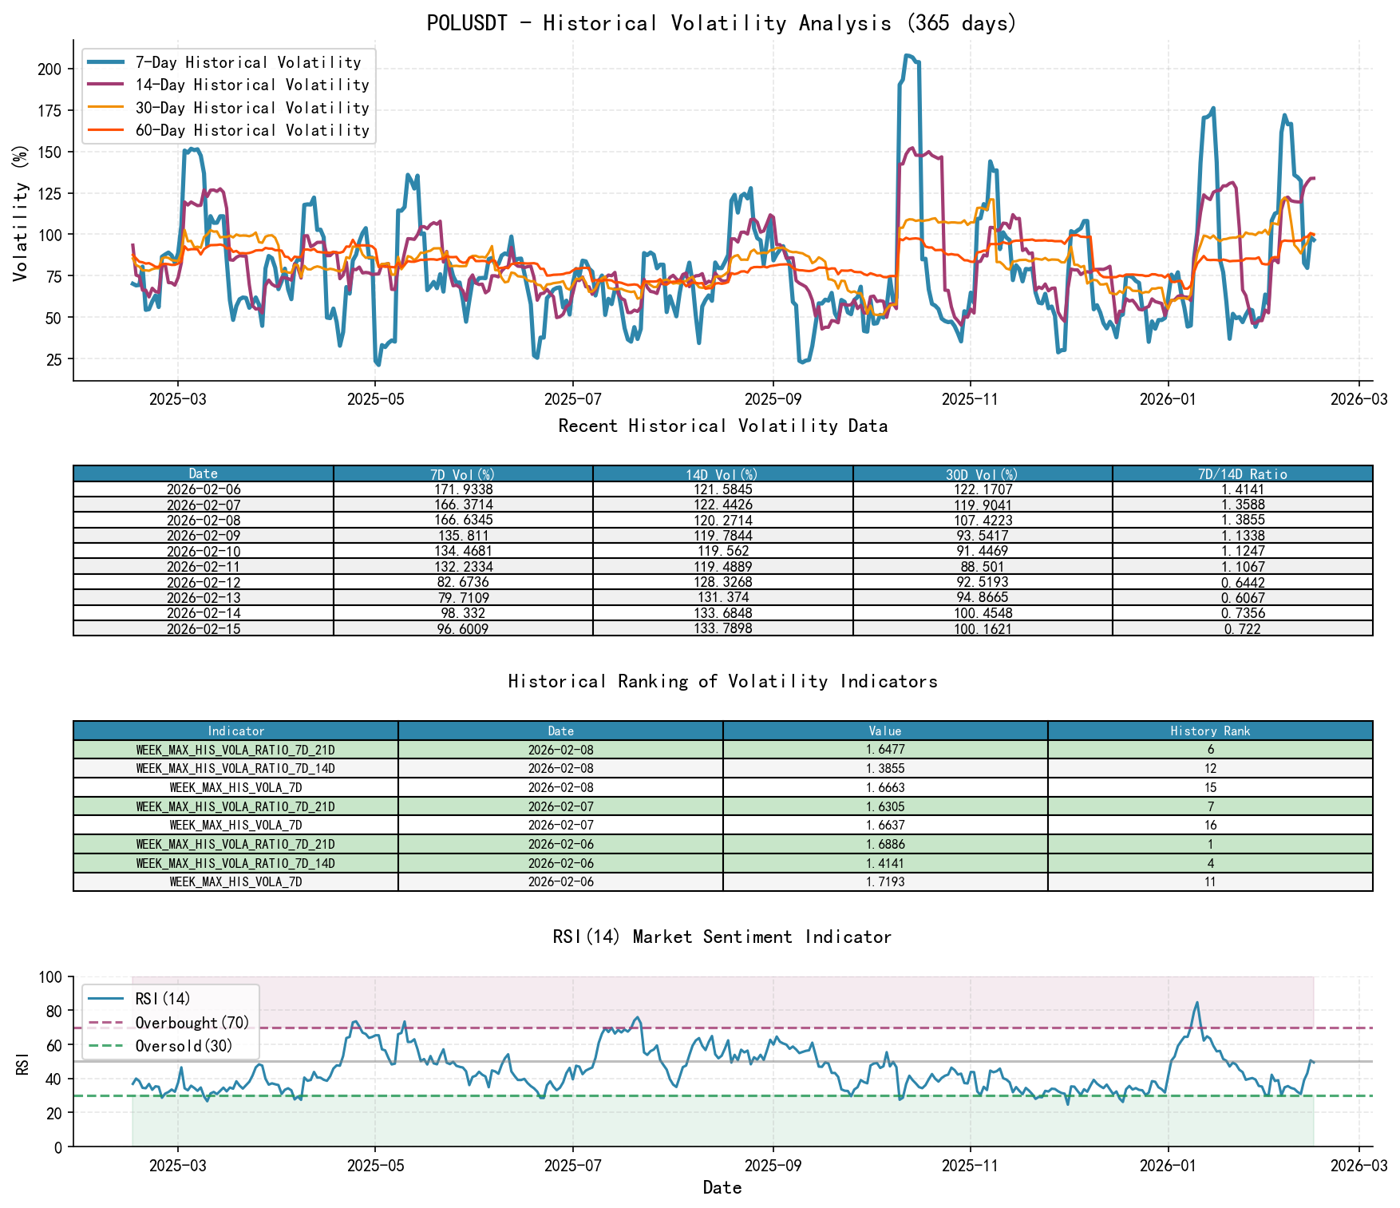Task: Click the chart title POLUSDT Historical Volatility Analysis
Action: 722,22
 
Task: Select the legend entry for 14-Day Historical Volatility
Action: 251,85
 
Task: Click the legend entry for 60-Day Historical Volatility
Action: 251,130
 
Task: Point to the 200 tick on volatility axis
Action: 49,69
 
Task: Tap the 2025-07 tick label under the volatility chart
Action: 572,399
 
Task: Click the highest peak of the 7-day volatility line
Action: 908,56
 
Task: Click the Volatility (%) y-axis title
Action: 21,213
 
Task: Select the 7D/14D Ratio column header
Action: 1242,474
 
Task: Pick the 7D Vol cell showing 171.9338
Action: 463,489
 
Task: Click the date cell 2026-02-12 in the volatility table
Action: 204,583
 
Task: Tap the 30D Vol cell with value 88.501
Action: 983,567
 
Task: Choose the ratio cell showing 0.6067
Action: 1242,598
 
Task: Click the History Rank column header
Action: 1210,731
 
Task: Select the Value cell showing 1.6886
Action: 885,844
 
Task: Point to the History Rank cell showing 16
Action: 1210,826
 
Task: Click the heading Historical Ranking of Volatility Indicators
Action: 722,681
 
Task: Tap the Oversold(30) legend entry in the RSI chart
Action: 184,1046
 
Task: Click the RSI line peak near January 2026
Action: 1196,1003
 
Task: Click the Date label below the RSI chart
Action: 722,1188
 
